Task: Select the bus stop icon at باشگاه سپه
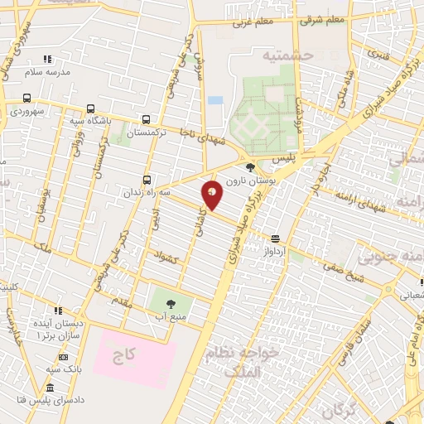pyautogui.click(x=89, y=108)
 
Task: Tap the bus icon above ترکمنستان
pyautogui.click(x=147, y=119)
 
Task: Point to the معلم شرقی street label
pyautogui.click(x=322, y=19)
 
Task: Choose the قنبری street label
pyautogui.click(x=378, y=58)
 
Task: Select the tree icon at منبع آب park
pyautogui.click(x=171, y=303)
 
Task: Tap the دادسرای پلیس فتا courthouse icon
pyautogui.click(x=50, y=388)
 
